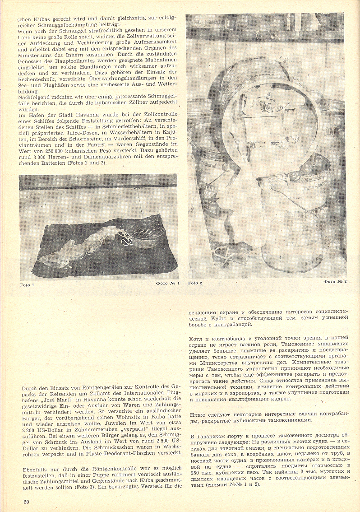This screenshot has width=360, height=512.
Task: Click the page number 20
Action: pos(27,502)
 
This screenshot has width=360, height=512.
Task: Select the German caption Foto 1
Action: pos(27,285)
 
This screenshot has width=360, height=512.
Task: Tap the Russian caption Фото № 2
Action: pos(335,282)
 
